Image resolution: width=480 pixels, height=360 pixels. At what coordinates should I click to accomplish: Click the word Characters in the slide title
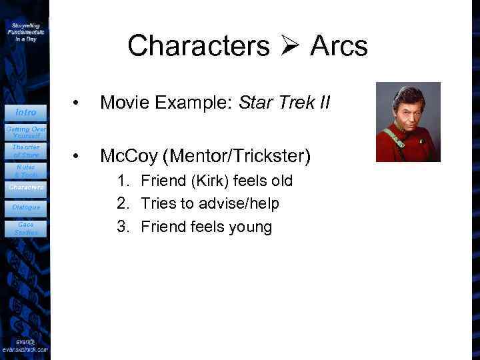pyautogui.click(x=199, y=46)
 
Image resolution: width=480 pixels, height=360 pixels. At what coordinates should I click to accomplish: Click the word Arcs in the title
pyautogui.click(x=338, y=46)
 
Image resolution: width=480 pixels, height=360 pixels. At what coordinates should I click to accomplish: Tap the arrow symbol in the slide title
pyautogui.click(x=289, y=46)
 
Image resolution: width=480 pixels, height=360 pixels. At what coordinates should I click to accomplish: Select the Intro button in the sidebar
pyautogui.click(x=25, y=112)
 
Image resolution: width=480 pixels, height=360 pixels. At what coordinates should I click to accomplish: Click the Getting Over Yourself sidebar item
pyautogui.click(x=25, y=131)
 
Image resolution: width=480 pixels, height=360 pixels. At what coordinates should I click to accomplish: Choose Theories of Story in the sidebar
pyautogui.click(x=25, y=151)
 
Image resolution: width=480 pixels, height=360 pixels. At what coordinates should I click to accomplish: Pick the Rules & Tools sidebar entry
pyautogui.click(x=25, y=171)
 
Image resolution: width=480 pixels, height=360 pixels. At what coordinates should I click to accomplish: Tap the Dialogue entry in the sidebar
pyautogui.click(x=25, y=207)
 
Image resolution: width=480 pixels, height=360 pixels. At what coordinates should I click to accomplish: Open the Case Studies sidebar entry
pyautogui.click(x=25, y=229)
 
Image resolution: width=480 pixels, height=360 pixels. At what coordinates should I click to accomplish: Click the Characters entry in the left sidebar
pyautogui.click(x=25, y=187)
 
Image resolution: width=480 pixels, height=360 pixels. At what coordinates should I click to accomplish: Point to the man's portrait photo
pyautogui.click(x=408, y=122)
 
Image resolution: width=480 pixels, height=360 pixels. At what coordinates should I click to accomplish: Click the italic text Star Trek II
pyautogui.click(x=285, y=103)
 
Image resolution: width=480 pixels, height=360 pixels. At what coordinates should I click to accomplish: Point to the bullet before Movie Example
pyautogui.click(x=78, y=103)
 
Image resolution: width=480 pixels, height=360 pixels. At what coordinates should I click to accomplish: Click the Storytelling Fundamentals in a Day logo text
pyautogui.click(x=26, y=31)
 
